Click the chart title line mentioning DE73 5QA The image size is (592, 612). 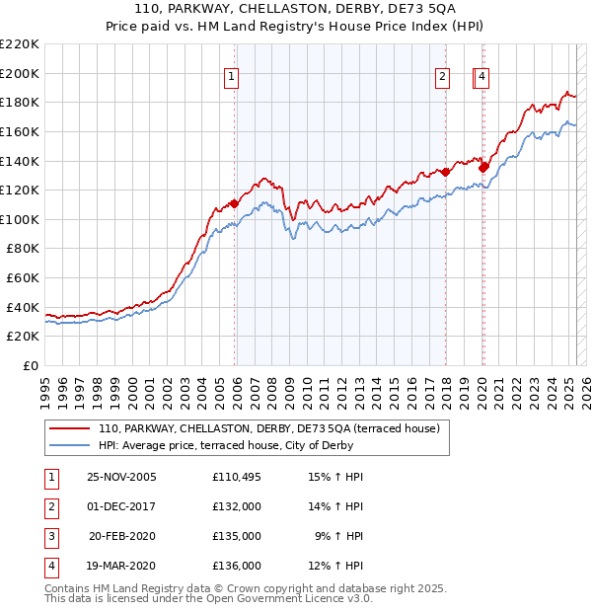click(296, 10)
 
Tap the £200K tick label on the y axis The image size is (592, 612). click(20, 73)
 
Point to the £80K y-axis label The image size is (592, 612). click(23, 249)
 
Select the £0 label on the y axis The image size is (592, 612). click(31, 365)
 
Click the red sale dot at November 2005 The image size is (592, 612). click(234, 203)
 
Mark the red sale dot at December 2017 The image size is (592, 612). click(445, 172)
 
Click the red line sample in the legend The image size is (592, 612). click(69, 428)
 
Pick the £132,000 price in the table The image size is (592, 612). click(237, 507)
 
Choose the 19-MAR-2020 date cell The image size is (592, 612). click(122, 566)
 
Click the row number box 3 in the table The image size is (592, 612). click(50, 536)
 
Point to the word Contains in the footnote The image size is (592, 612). click(68, 588)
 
